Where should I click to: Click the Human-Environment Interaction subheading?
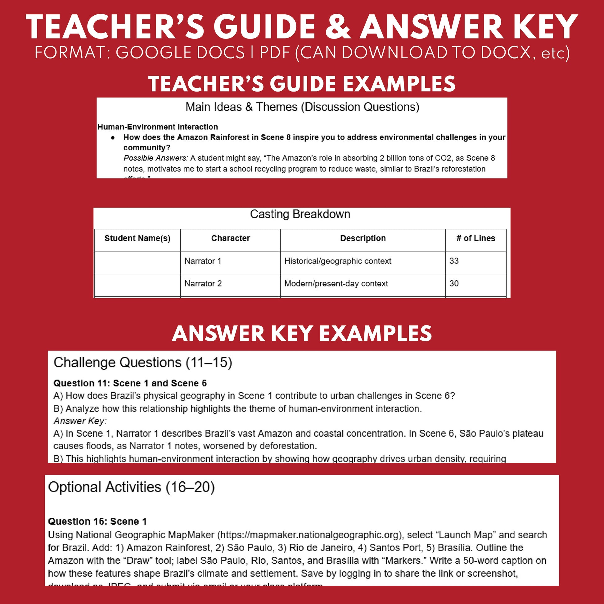point(158,127)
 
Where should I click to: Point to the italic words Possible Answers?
point(156,158)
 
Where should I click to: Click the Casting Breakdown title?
point(300,214)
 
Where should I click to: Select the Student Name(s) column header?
point(137,238)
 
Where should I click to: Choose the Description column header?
point(363,238)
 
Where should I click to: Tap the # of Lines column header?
point(476,238)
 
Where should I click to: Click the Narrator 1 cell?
point(203,261)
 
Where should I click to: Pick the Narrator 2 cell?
point(203,284)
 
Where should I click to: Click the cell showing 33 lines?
point(454,261)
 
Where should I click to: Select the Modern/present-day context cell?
point(336,284)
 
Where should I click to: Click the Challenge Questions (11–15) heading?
point(142,363)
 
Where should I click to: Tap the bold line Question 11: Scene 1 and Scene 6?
point(130,383)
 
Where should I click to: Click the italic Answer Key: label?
point(80,421)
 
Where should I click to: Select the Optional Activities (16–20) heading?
point(131,487)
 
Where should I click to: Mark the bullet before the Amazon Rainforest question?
point(113,138)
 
